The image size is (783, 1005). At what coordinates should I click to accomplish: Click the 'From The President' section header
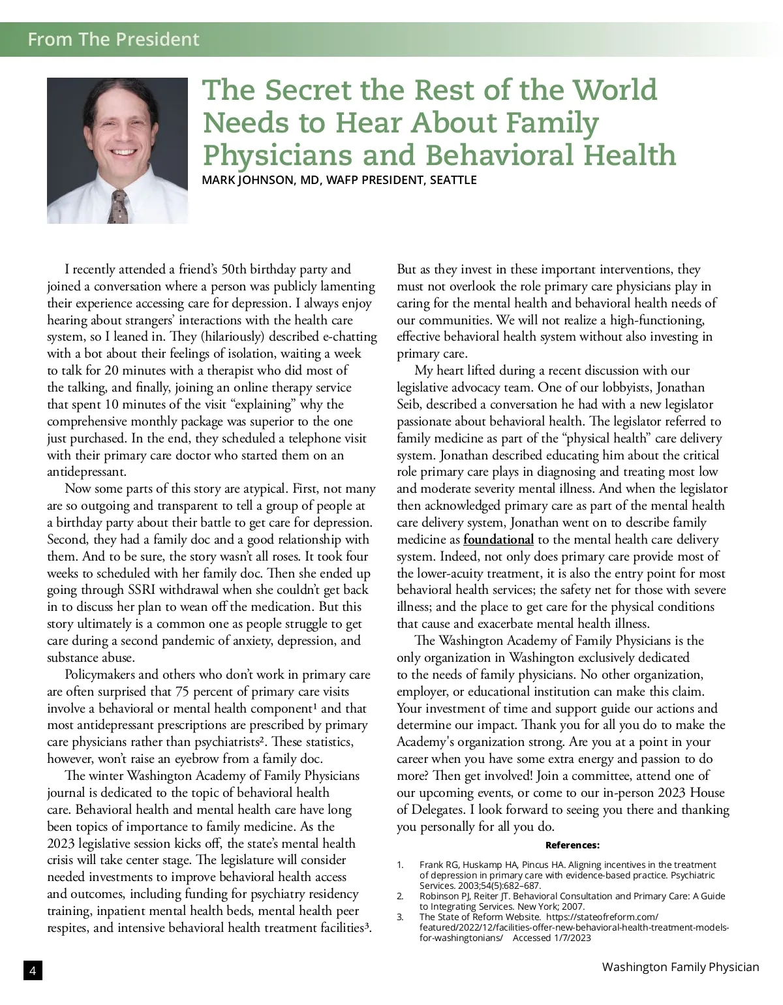pos(113,39)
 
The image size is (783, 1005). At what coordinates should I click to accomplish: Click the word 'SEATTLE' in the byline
pos(453,180)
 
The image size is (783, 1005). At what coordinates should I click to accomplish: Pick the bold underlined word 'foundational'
pos(498,540)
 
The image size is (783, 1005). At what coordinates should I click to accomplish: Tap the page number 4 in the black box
pos(33,970)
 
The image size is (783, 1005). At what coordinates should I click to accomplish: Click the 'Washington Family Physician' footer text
pos(680,967)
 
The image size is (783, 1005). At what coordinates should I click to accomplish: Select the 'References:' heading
pos(572,845)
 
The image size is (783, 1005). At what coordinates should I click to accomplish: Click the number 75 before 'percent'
pos(183,692)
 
